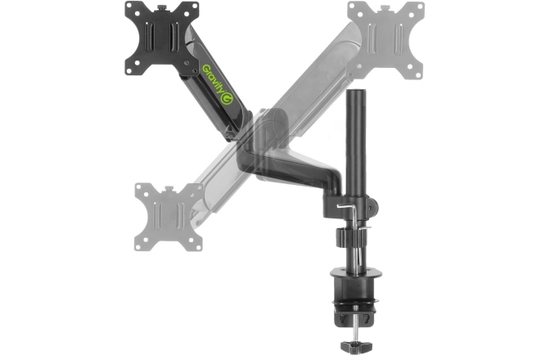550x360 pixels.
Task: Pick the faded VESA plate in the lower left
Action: coord(168,215)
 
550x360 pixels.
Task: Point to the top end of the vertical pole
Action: coord(357,97)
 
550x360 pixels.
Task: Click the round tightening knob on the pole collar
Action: coord(339,238)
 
